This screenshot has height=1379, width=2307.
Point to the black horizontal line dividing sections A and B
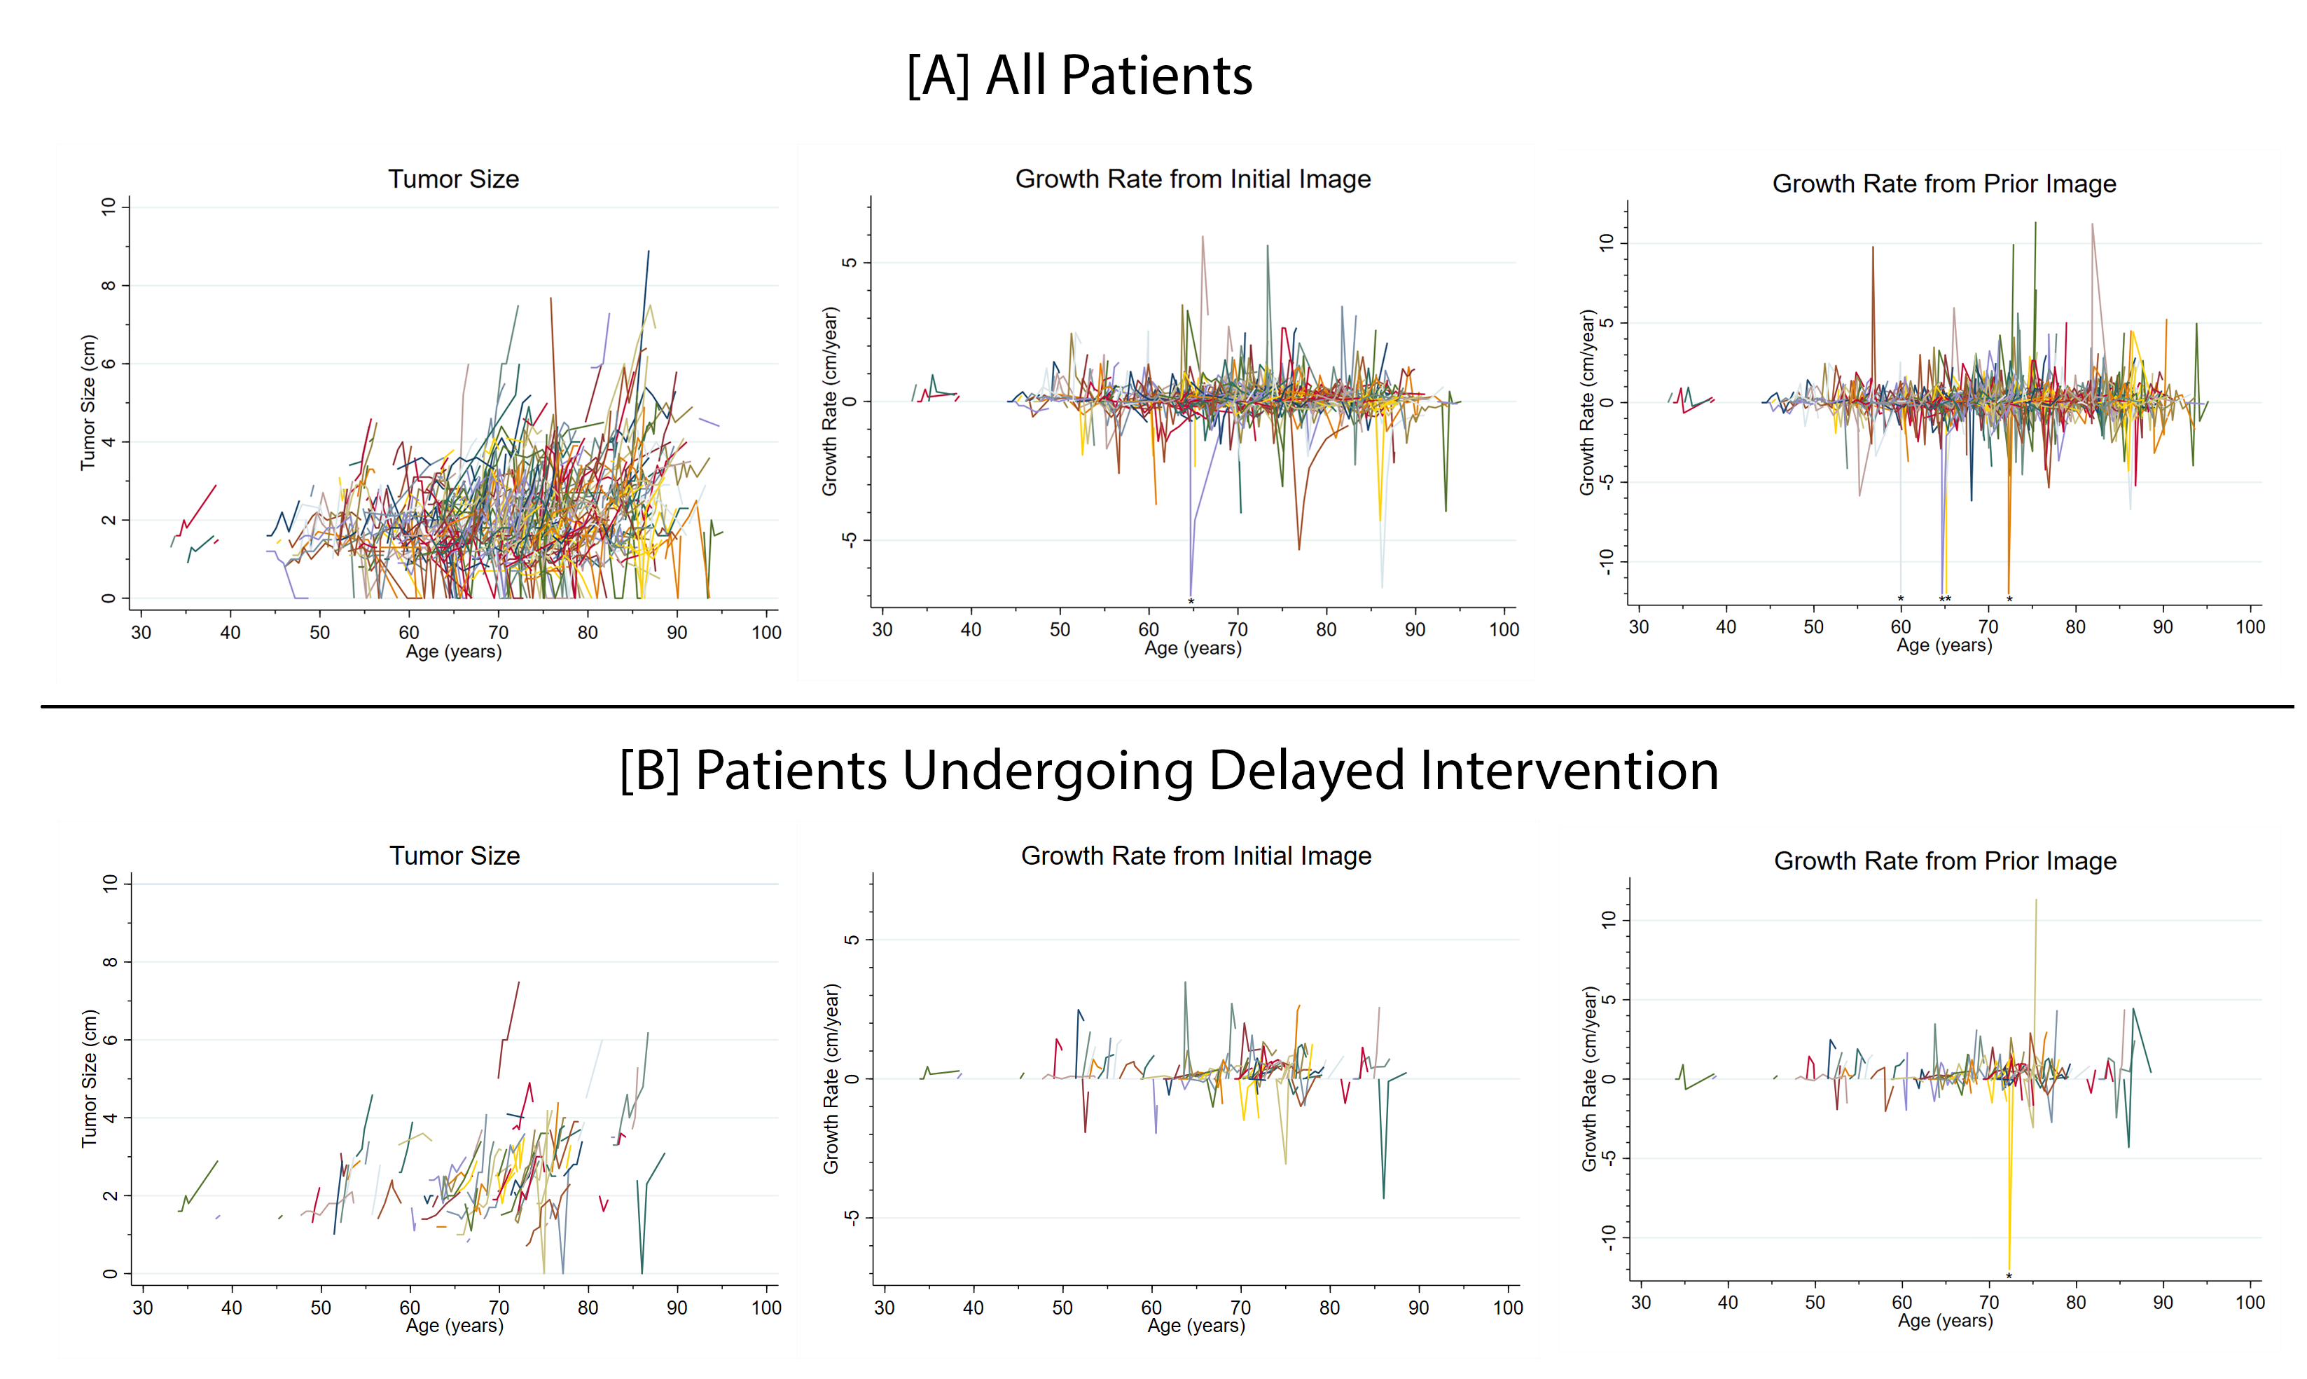click(x=1167, y=706)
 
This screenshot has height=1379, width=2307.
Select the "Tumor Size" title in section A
click(x=453, y=179)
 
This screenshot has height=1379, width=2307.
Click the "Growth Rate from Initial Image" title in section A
click(x=1193, y=179)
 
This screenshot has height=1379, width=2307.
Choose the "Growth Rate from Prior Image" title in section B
click(x=1945, y=861)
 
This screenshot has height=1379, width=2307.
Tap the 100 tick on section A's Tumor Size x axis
click(x=766, y=633)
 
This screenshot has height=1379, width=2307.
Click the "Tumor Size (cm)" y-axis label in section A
click(x=88, y=402)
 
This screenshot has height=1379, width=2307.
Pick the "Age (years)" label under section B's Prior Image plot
click(x=1945, y=1320)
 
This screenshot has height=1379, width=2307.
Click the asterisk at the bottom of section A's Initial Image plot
click(x=1191, y=602)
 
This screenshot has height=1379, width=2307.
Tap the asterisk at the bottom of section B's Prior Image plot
click(x=2009, y=1277)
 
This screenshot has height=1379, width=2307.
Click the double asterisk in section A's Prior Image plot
click(x=1945, y=599)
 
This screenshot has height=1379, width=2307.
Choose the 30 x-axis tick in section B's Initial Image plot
click(x=884, y=1308)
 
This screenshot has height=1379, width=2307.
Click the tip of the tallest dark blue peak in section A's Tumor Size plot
click(x=649, y=251)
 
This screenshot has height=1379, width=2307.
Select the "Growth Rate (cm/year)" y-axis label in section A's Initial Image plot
click(x=829, y=402)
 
